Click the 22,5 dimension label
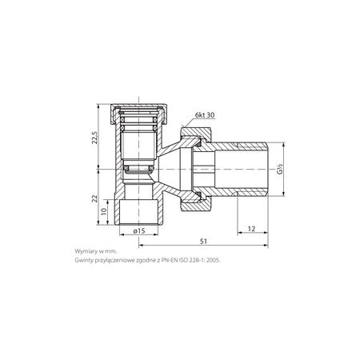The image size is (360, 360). pyautogui.click(x=95, y=138)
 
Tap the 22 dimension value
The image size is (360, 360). pyautogui.click(x=95, y=198)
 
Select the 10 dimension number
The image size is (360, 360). pyautogui.click(x=104, y=211)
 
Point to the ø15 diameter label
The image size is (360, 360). pyautogui.click(x=139, y=231)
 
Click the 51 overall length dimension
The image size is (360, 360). pyautogui.click(x=203, y=242)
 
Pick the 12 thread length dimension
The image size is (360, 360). pyautogui.click(x=251, y=229)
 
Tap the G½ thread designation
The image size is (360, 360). pyautogui.click(x=279, y=169)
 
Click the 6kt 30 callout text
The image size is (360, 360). pyautogui.click(x=205, y=115)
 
